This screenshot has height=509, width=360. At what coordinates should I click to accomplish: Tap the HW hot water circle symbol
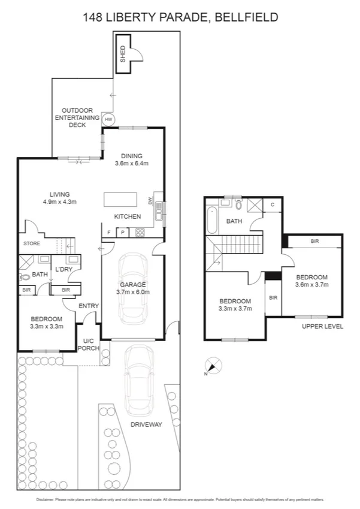[x=108, y=119]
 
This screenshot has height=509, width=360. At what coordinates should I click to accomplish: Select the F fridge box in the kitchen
[x=109, y=232]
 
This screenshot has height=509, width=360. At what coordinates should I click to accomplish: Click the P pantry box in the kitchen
[x=123, y=232]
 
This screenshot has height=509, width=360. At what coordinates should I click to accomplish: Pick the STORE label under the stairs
[x=32, y=244]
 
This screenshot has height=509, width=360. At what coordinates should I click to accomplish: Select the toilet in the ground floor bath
[x=25, y=278]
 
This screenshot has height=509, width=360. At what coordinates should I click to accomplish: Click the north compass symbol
[x=213, y=365]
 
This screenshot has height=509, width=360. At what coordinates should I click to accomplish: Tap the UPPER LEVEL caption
[x=323, y=326]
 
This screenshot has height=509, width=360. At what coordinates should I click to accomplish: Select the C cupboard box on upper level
[x=273, y=205]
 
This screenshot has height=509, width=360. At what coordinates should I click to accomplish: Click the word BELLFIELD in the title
[x=246, y=17]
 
